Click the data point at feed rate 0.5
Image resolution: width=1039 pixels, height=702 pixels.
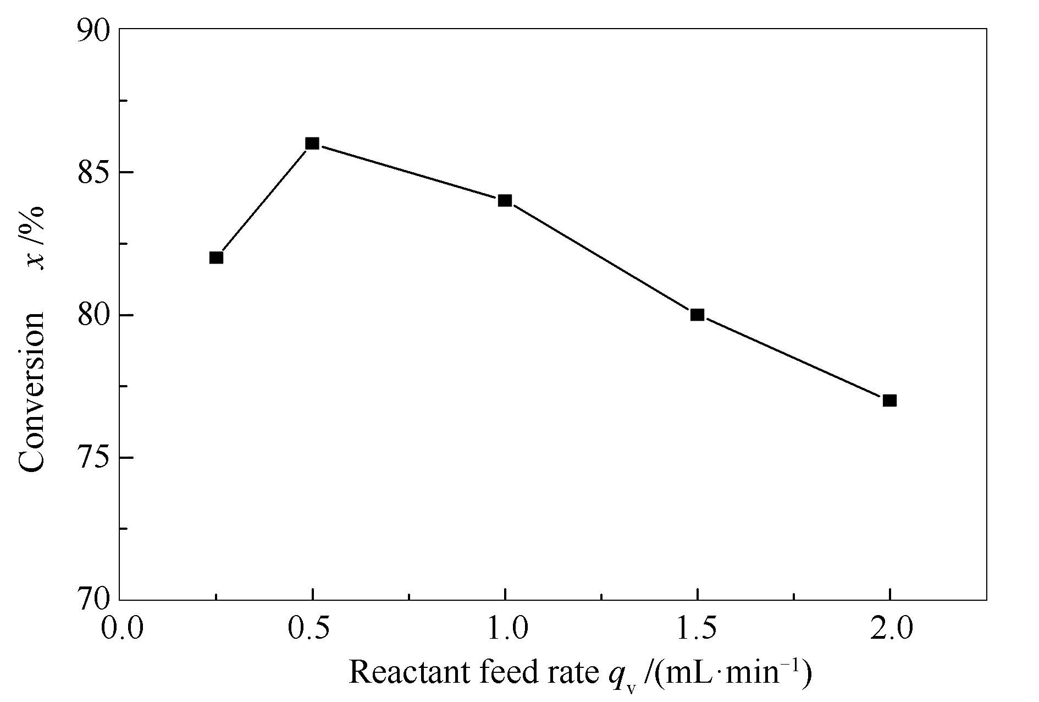(x=312, y=144)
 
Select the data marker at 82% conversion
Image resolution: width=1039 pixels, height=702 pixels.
(x=216, y=257)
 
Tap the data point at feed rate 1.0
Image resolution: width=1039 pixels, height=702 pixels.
(x=505, y=200)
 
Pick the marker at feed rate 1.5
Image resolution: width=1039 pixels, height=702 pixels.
(x=697, y=315)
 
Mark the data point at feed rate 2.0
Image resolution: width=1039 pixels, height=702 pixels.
(x=889, y=401)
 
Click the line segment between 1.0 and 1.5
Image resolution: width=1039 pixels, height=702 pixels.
(x=601, y=257)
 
